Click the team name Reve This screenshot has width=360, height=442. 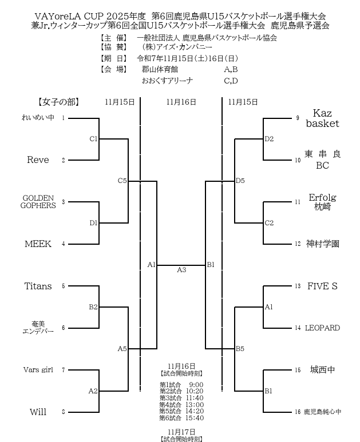click(38, 160)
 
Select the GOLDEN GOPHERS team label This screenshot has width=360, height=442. click(38, 202)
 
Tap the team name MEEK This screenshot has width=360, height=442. click(38, 244)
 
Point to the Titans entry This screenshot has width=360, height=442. click(38, 286)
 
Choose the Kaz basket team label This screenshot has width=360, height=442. click(322, 118)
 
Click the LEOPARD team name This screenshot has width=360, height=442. click(322, 328)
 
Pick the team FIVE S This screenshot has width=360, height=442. click(322, 286)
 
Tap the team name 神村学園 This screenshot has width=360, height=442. click(322, 244)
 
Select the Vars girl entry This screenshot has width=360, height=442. click(38, 370)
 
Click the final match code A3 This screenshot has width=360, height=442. click(181, 270)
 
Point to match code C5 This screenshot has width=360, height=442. click(122, 181)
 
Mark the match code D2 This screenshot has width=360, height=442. click(269, 139)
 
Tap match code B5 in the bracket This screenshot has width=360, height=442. click(240, 348)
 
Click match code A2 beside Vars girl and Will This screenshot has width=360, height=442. click(93, 391)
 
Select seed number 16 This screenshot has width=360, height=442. click(298, 412)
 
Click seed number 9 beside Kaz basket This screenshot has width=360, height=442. click(298, 118)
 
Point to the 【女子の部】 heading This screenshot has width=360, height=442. click(58, 102)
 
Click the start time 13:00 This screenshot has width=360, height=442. click(196, 404)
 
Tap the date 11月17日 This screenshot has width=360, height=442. click(181, 432)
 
